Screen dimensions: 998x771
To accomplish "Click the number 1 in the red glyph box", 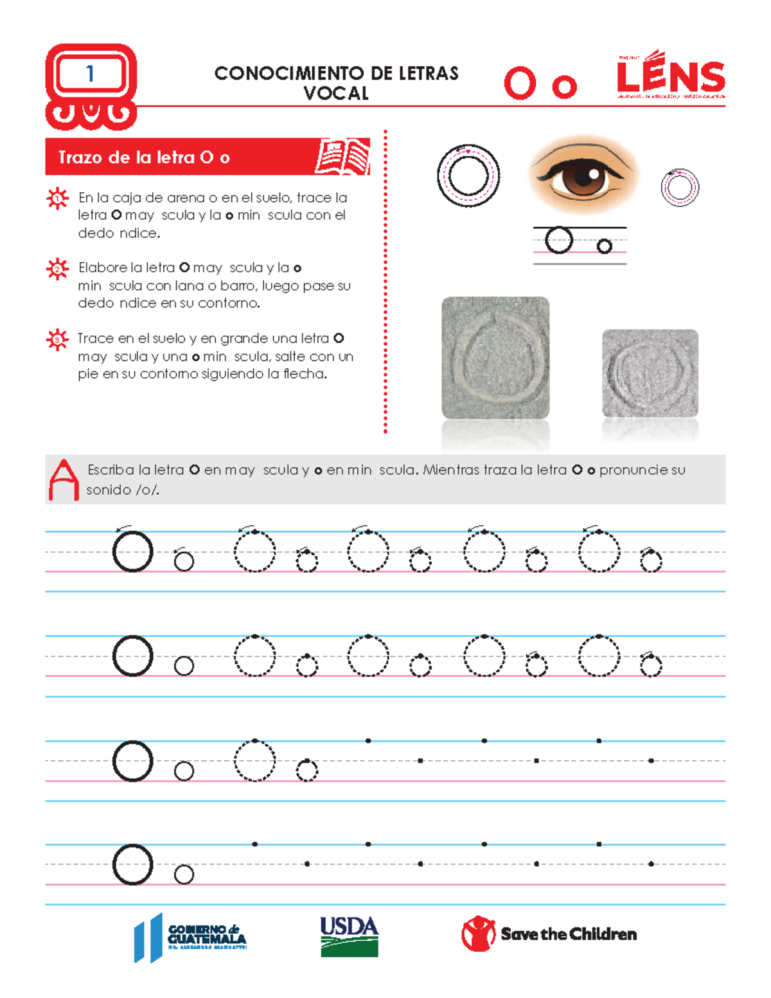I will pyautogui.click(x=90, y=74).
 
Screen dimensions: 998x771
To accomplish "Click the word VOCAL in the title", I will pyautogui.click(x=336, y=94).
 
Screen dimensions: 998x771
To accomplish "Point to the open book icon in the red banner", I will pyautogui.click(x=342, y=156).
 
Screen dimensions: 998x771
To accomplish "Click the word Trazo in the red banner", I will pyautogui.click(x=82, y=157).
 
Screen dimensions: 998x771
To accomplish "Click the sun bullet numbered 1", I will pyautogui.click(x=58, y=199).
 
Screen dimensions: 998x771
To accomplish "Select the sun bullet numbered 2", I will pyautogui.click(x=58, y=269).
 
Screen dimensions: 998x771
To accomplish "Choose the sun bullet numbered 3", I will pyautogui.click(x=58, y=339).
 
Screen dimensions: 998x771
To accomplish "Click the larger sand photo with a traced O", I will pyautogui.click(x=495, y=358).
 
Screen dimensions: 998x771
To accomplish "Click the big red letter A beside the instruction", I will pyautogui.click(x=64, y=480).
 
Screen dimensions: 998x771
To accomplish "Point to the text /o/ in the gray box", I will pyautogui.click(x=148, y=490).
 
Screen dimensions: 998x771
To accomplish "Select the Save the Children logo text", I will pyautogui.click(x=569, y=934).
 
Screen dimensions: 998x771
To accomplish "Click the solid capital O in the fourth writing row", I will pyautogui.click(x=132, y=864).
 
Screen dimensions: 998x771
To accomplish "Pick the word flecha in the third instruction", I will pyautogui.click(x=304, y=374).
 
